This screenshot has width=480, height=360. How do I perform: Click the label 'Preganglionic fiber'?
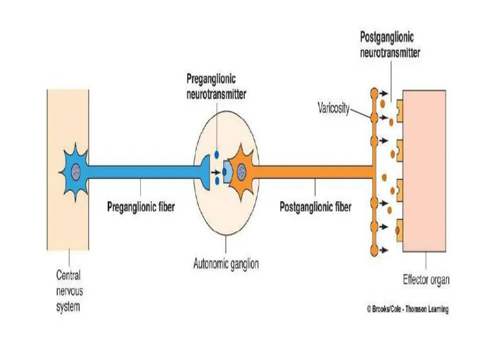tap(141, 206)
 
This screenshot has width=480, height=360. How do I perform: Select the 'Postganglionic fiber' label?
tap(315, 206)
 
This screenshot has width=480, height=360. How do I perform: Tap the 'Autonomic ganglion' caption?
tap(226, 264)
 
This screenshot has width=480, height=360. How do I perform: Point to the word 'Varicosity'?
tap(334, 109)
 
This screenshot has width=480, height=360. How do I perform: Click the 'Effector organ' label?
tap(426, 280)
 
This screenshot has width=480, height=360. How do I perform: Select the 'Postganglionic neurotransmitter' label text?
tap(390, 45)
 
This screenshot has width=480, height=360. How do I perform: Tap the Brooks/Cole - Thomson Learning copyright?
tap(407, 309)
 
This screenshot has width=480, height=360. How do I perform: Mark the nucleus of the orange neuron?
tap(242, 171)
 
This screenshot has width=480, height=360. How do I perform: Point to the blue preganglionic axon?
tap(141, 172)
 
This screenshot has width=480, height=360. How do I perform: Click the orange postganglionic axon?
tap(314, 172)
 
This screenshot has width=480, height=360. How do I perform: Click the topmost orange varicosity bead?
tap(374, 93)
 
